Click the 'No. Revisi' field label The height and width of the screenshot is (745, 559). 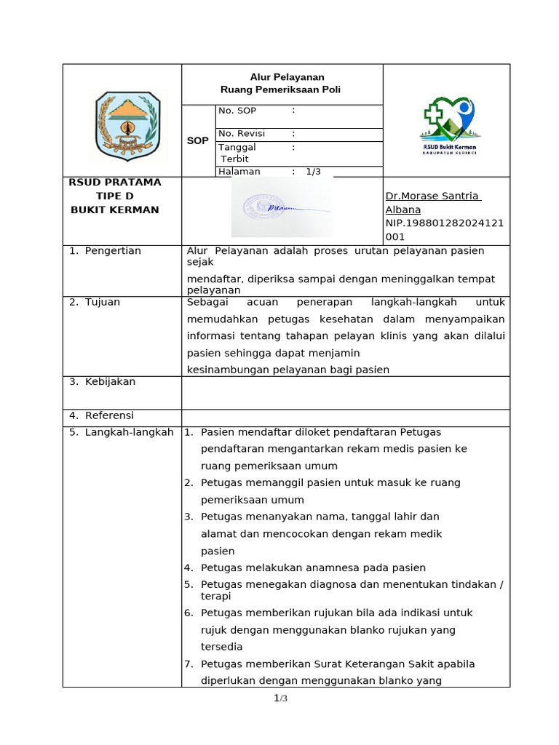coord(242,134)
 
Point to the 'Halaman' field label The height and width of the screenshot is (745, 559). coord(239,172)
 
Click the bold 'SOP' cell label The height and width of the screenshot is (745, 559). coord(197,141)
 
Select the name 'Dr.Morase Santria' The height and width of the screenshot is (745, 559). coord(432,196)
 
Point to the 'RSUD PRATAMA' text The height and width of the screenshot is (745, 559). coord(115,183)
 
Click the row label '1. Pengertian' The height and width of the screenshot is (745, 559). coord(105,251)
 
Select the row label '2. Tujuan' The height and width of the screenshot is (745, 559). coord(95,302)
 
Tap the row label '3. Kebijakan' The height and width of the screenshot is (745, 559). coord(102,382)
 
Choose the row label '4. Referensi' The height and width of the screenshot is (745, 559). coord(101,415)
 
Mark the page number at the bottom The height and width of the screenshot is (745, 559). coord(281,699)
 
